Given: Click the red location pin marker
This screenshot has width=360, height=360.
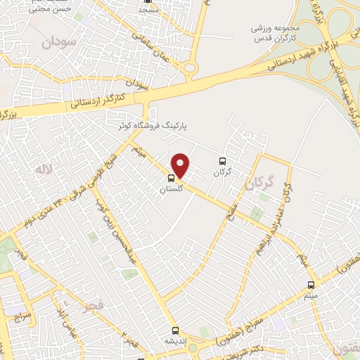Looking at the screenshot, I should [x=181, y=165].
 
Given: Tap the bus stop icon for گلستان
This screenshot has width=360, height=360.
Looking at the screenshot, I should [x=172, y=178].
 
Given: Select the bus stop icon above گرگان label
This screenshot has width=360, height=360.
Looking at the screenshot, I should [x=223, y=161].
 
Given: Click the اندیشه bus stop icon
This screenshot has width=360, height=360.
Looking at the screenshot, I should [x=175, y=330].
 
